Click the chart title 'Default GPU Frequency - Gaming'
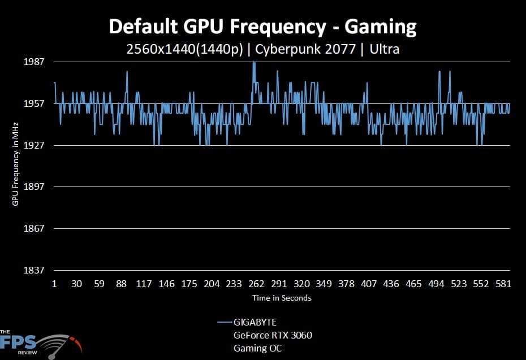click(262, 26)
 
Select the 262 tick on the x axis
click(256, 284)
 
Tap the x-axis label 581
click(503, 284)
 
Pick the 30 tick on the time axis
click(77, 284)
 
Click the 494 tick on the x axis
click(436, 284)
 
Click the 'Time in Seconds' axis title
click(282, 298)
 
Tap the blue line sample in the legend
click(224, 323)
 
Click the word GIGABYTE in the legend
click(255, 323)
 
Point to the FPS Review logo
click(40, 342)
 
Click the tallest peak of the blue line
click(254, 62)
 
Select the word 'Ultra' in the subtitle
click(384, 49)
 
